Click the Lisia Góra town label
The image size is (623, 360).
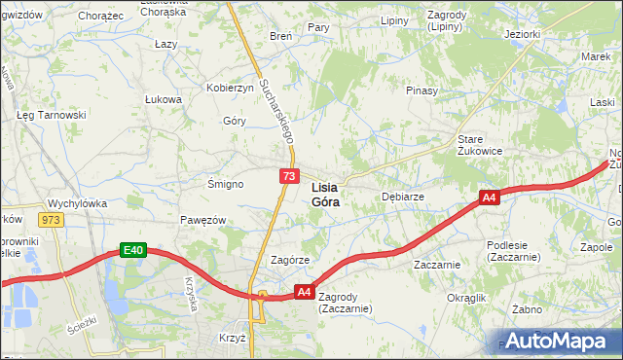click(x=325, y=195)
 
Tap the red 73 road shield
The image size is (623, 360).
click(x=289, y=175)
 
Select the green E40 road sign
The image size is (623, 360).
click(x=133, y=250)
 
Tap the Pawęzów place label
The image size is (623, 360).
click(x=202, y=220)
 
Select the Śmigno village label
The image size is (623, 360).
click(x=225, y=183)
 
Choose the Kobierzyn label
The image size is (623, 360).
click(x=230, y=88)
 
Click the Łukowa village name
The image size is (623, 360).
click(x=164, y=99)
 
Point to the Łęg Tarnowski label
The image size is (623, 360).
click(x=52, y=114)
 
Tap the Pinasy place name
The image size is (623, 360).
click(x=421, y=90)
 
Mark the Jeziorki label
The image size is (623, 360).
click(x=522, y=34)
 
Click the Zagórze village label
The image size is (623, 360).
click(x=289, y=260)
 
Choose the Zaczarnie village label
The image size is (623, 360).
click(x=436, y=264)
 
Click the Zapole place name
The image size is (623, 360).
click(x=596, y=247)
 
